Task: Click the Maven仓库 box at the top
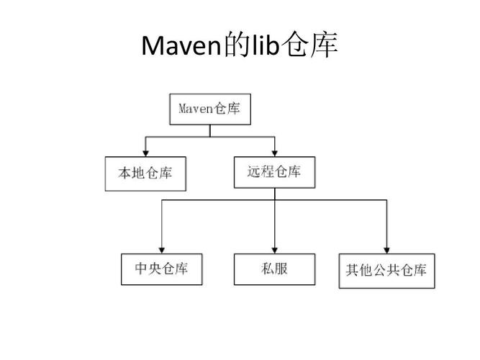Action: click(x=209, y=109)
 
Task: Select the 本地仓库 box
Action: click(x=145, y=174)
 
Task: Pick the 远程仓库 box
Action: click(x=274, y=171)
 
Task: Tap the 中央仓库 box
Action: click(x=162, y=269)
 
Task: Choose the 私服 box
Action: click(x=274, y=269)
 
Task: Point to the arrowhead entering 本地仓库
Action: click(x=145, y=153)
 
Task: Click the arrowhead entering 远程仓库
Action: click(x=274, y=153)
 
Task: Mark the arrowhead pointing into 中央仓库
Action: click(x=162, y=249)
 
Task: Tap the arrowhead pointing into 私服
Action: click(x=274, y=249)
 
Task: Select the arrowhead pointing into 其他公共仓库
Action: click(x=386, y=249)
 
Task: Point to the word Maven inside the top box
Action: click(x=194, y=109)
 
